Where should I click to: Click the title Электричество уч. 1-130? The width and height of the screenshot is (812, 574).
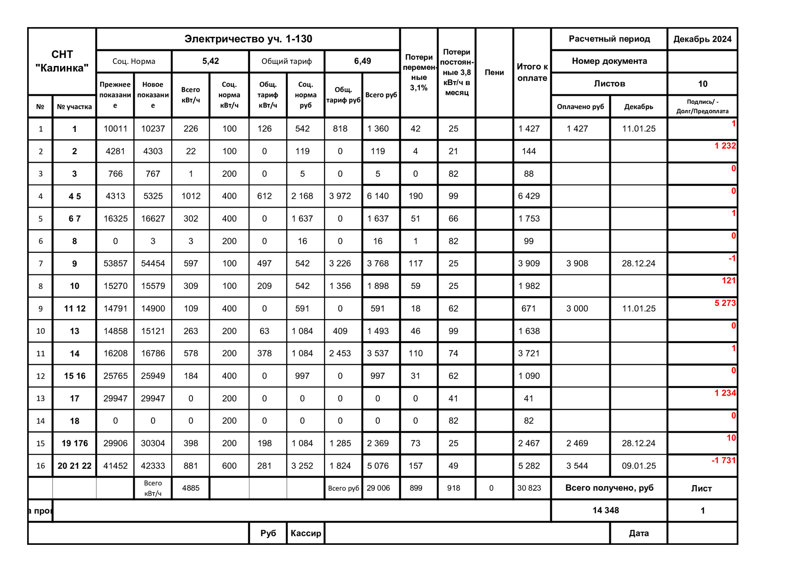(248, 39)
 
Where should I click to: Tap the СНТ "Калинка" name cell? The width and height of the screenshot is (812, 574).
(62, 61)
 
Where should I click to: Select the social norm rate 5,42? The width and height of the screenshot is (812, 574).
(210, 61)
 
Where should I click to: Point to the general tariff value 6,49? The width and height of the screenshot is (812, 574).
(362, 61)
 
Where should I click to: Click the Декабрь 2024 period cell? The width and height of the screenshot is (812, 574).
(702, 39)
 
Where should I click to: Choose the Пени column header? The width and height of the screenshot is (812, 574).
(494, 72)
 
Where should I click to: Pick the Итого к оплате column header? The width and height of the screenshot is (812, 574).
(532, 72)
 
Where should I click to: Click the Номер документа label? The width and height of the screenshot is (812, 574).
(609, 61)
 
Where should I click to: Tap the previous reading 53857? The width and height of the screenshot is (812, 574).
(115, 264)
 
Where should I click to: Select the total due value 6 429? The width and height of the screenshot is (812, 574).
(529, 196)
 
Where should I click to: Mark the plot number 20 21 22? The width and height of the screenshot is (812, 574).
(74, 466)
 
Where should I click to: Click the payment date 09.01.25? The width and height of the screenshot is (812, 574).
(639, 466)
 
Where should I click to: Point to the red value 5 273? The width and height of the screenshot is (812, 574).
(725, 303)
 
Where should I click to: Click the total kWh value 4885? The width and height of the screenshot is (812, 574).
(191, 488)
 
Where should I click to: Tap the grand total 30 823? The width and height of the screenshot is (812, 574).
(529, 488)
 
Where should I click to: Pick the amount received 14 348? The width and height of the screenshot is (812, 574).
(606, 511)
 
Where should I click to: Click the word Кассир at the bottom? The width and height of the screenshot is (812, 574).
(306, 533)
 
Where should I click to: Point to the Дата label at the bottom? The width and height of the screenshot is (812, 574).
(639, 533)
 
